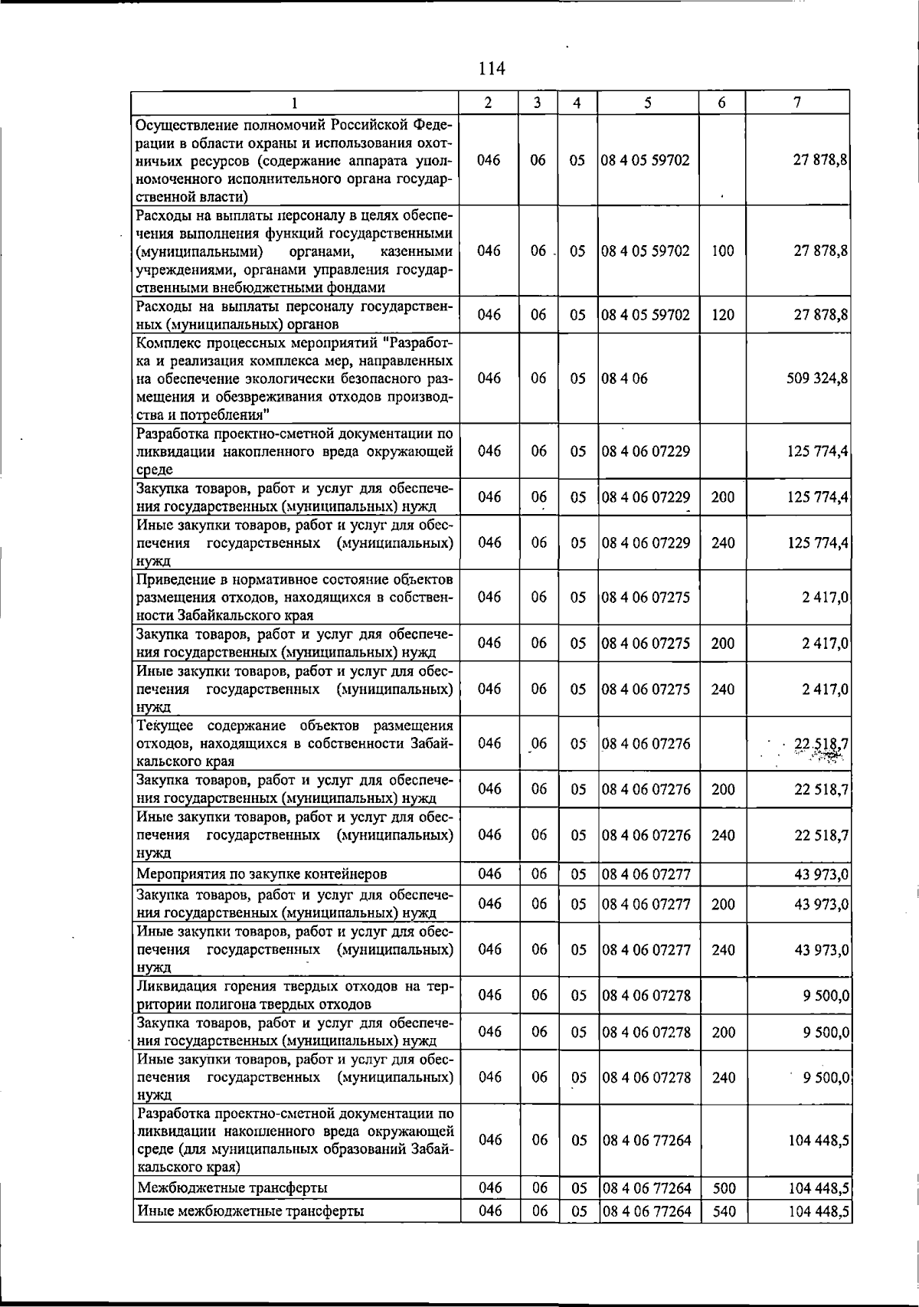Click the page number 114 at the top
[x=491, y=69]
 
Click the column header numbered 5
[x=648, y=103]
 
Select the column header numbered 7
[x=798, y=103]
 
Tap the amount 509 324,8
[x=817, y=378]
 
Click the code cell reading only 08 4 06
[x=625, y=378]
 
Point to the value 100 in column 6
[x=723, y=251]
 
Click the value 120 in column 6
[x=723, y=315]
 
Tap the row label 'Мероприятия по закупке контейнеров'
[x=261, y=874]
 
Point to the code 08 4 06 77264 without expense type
[x=646, y=1140]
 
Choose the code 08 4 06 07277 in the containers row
[x=646, y=874]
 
